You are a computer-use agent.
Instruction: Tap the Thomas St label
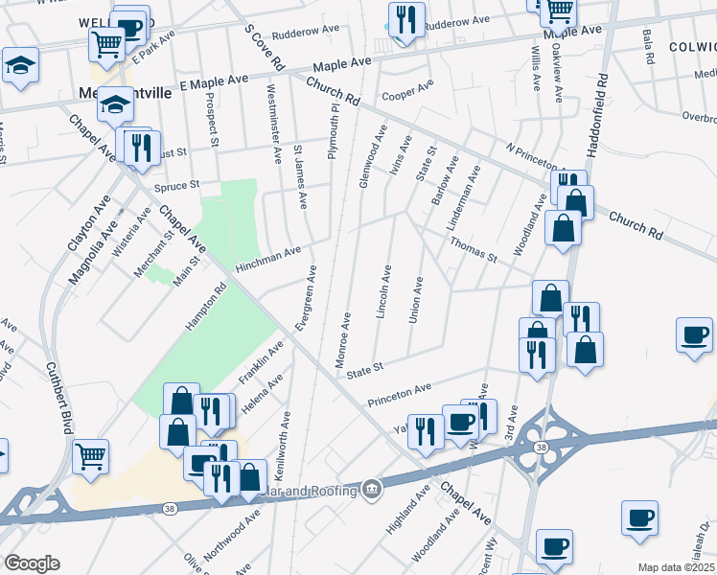tap(473, 251)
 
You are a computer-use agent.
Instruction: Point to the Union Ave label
tap(416, 300)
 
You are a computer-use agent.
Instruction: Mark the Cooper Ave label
tap(407, 95)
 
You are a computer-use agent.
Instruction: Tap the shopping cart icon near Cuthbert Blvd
tap(90, 457)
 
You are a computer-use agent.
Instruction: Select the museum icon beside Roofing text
tap(372, 492)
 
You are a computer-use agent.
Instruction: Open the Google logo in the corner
tap(32, 563)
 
